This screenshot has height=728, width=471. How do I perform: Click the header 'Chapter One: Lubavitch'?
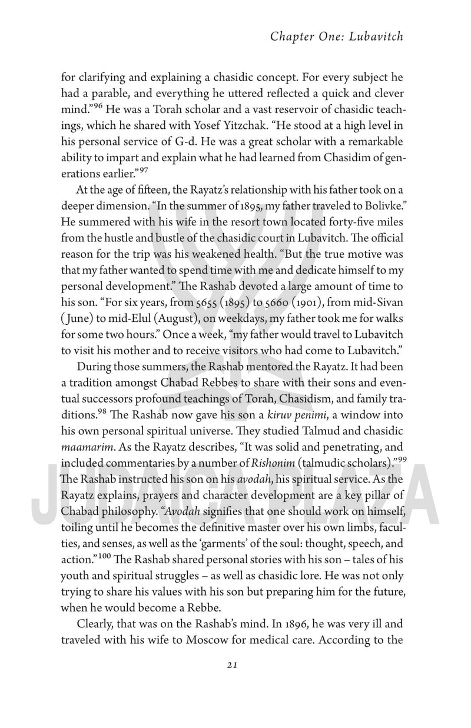(337, 36)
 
